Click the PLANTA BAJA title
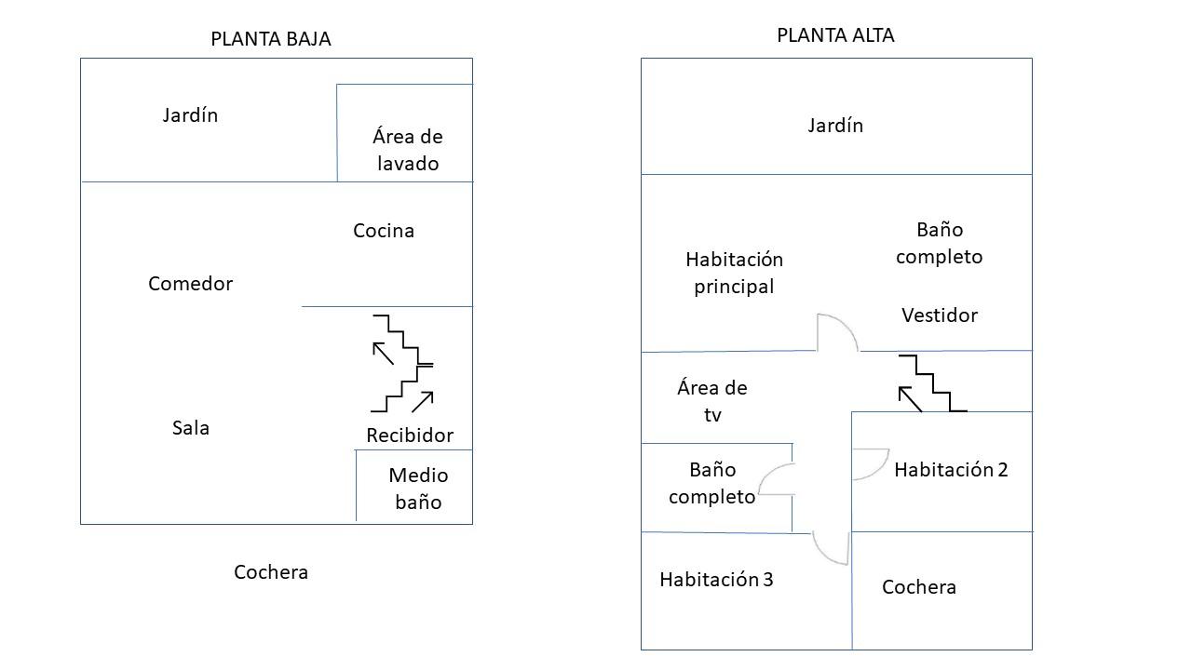click(271, 39)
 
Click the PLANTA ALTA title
click(835, 35)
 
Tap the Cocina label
click(384, 231)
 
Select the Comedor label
click(191, 284)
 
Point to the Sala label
click(191, 428)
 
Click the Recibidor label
click(410, 435)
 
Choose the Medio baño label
click(418, 489)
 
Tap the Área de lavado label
click(408, 150)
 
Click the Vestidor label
click(940, 315)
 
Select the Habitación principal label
click(735, 274)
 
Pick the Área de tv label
click(712, 401)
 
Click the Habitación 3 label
click(716, 580)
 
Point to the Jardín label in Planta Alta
click(835, 126)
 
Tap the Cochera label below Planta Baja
click(271, 572)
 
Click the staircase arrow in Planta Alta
click(910, 399)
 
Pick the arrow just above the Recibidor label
click(423, 402)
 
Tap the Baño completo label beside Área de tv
click(712, 483)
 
